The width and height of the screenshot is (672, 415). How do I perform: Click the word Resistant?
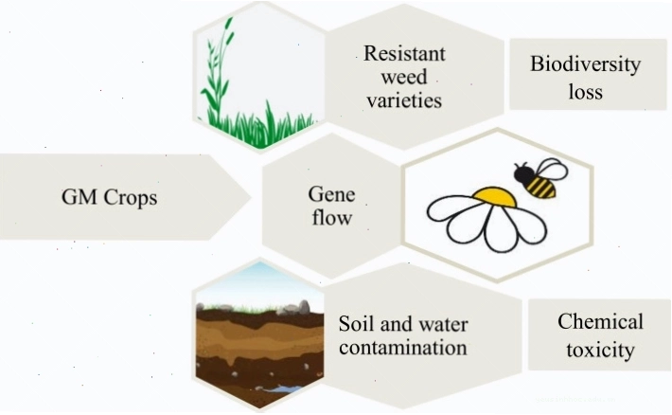tap(404, 54)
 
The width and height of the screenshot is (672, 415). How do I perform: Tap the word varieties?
tap(404, 100)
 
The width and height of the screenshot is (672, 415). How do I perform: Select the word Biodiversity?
tap(586, 64)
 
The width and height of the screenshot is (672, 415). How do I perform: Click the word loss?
tap(586, 91)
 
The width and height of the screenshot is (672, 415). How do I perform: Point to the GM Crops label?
tap(109, 197)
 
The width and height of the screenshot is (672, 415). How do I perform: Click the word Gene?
tap(331, 194)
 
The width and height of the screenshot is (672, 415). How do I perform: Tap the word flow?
tap(332, 217)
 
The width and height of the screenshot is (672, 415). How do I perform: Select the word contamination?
tap(403, 347)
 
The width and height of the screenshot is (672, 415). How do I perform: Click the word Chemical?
tap(600, 321)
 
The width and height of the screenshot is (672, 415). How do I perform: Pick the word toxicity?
tap(600, 350)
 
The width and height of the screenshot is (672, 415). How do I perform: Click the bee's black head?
tap(523, 173)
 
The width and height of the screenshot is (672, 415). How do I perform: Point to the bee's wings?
tap(552, 171)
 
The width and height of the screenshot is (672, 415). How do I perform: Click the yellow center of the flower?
tap(494, 197)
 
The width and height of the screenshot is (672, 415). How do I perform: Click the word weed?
tap(404, 78)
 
